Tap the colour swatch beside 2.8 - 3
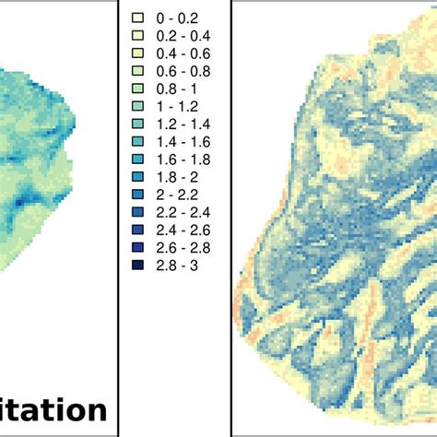(138, 266)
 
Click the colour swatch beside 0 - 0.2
(138, 18)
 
